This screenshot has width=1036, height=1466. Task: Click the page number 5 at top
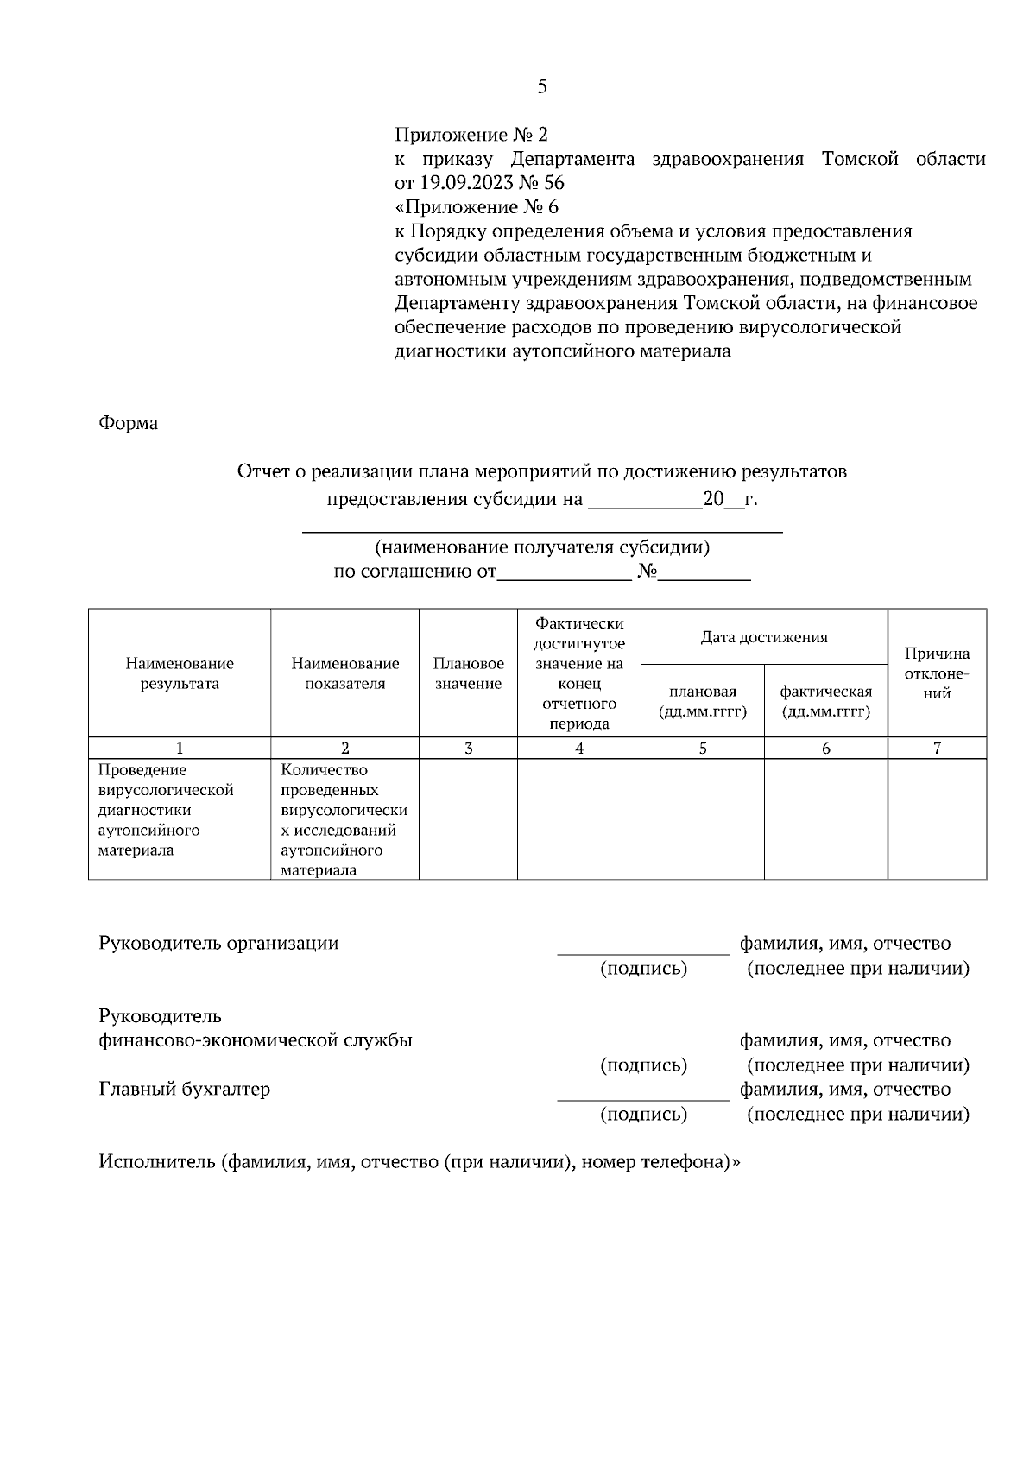[541, 86]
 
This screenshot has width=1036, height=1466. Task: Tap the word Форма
[128, 423]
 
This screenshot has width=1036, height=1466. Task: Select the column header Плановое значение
[468, 673]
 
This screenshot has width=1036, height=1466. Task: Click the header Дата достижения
[763, 637]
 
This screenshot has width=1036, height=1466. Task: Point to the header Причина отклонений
[937, 673]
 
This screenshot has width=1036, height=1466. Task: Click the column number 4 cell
[578, 749]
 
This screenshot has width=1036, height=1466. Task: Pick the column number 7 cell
[937, 749]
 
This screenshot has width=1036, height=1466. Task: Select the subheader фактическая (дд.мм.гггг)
[825, 701]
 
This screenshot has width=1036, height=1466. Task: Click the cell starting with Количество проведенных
[344, 818]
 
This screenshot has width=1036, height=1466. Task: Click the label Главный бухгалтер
[184, 1089]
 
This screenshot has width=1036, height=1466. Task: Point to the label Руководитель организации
[218, 943]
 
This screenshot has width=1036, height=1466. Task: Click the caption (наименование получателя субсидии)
[541, 547]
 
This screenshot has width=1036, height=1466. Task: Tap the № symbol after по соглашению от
[647, 572]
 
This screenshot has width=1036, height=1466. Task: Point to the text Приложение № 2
[471, 135]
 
